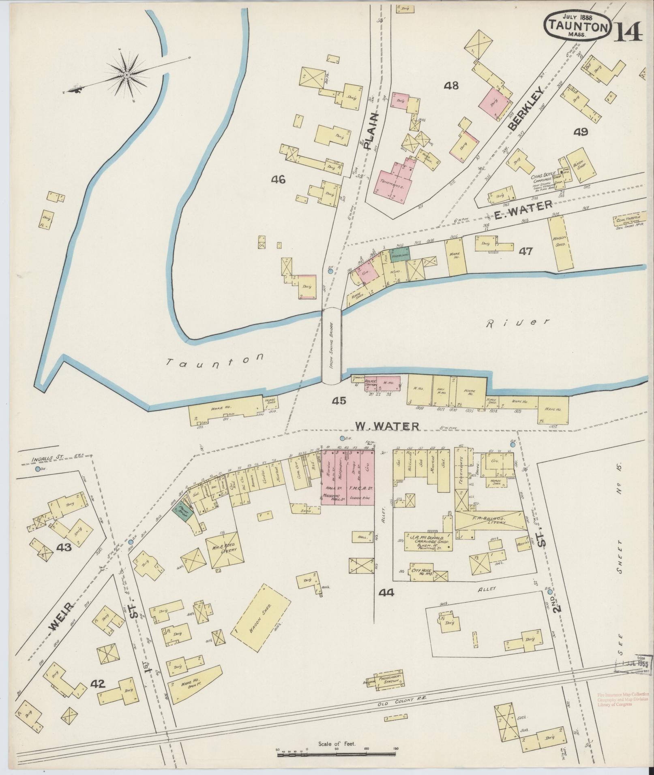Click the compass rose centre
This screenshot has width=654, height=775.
click(x=127, y=75)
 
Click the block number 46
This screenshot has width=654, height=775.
click(x=279, y=179)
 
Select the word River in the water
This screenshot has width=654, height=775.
click(x=518, y=322)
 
